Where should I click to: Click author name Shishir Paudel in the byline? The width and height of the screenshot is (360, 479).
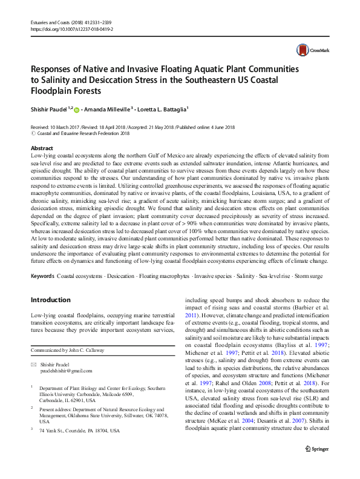(50, 108)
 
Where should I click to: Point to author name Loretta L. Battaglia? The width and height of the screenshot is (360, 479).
(166, 108)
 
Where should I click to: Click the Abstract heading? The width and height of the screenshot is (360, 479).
(42, 148)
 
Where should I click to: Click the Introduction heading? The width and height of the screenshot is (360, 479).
(50, 300)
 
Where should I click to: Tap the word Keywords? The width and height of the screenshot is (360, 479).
(42, 276)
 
